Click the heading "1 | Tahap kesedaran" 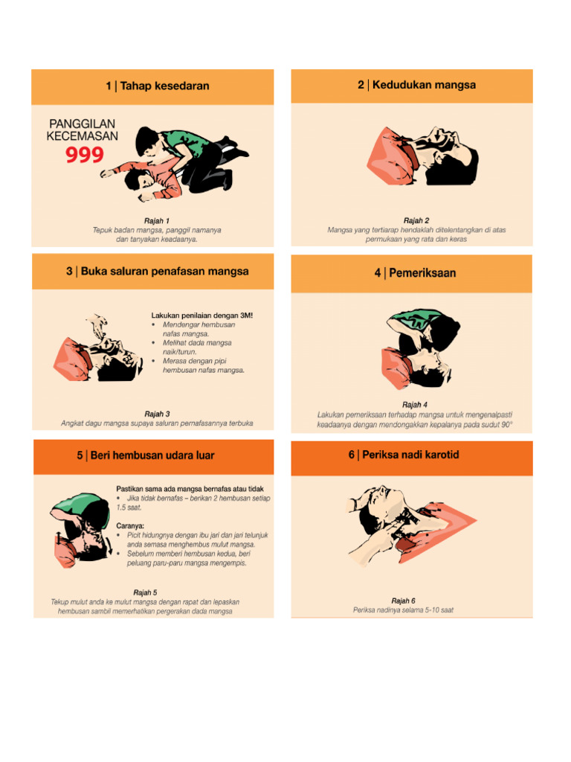157,86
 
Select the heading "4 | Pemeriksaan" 415,273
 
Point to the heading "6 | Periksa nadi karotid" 404,454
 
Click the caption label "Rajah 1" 157,221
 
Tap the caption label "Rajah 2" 416,221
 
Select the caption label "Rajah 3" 157,414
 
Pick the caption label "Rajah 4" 414,405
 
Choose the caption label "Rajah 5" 145,593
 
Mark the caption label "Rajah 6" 403,601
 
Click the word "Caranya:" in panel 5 131,525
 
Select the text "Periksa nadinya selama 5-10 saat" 403,610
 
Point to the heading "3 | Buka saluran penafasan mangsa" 157,272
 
